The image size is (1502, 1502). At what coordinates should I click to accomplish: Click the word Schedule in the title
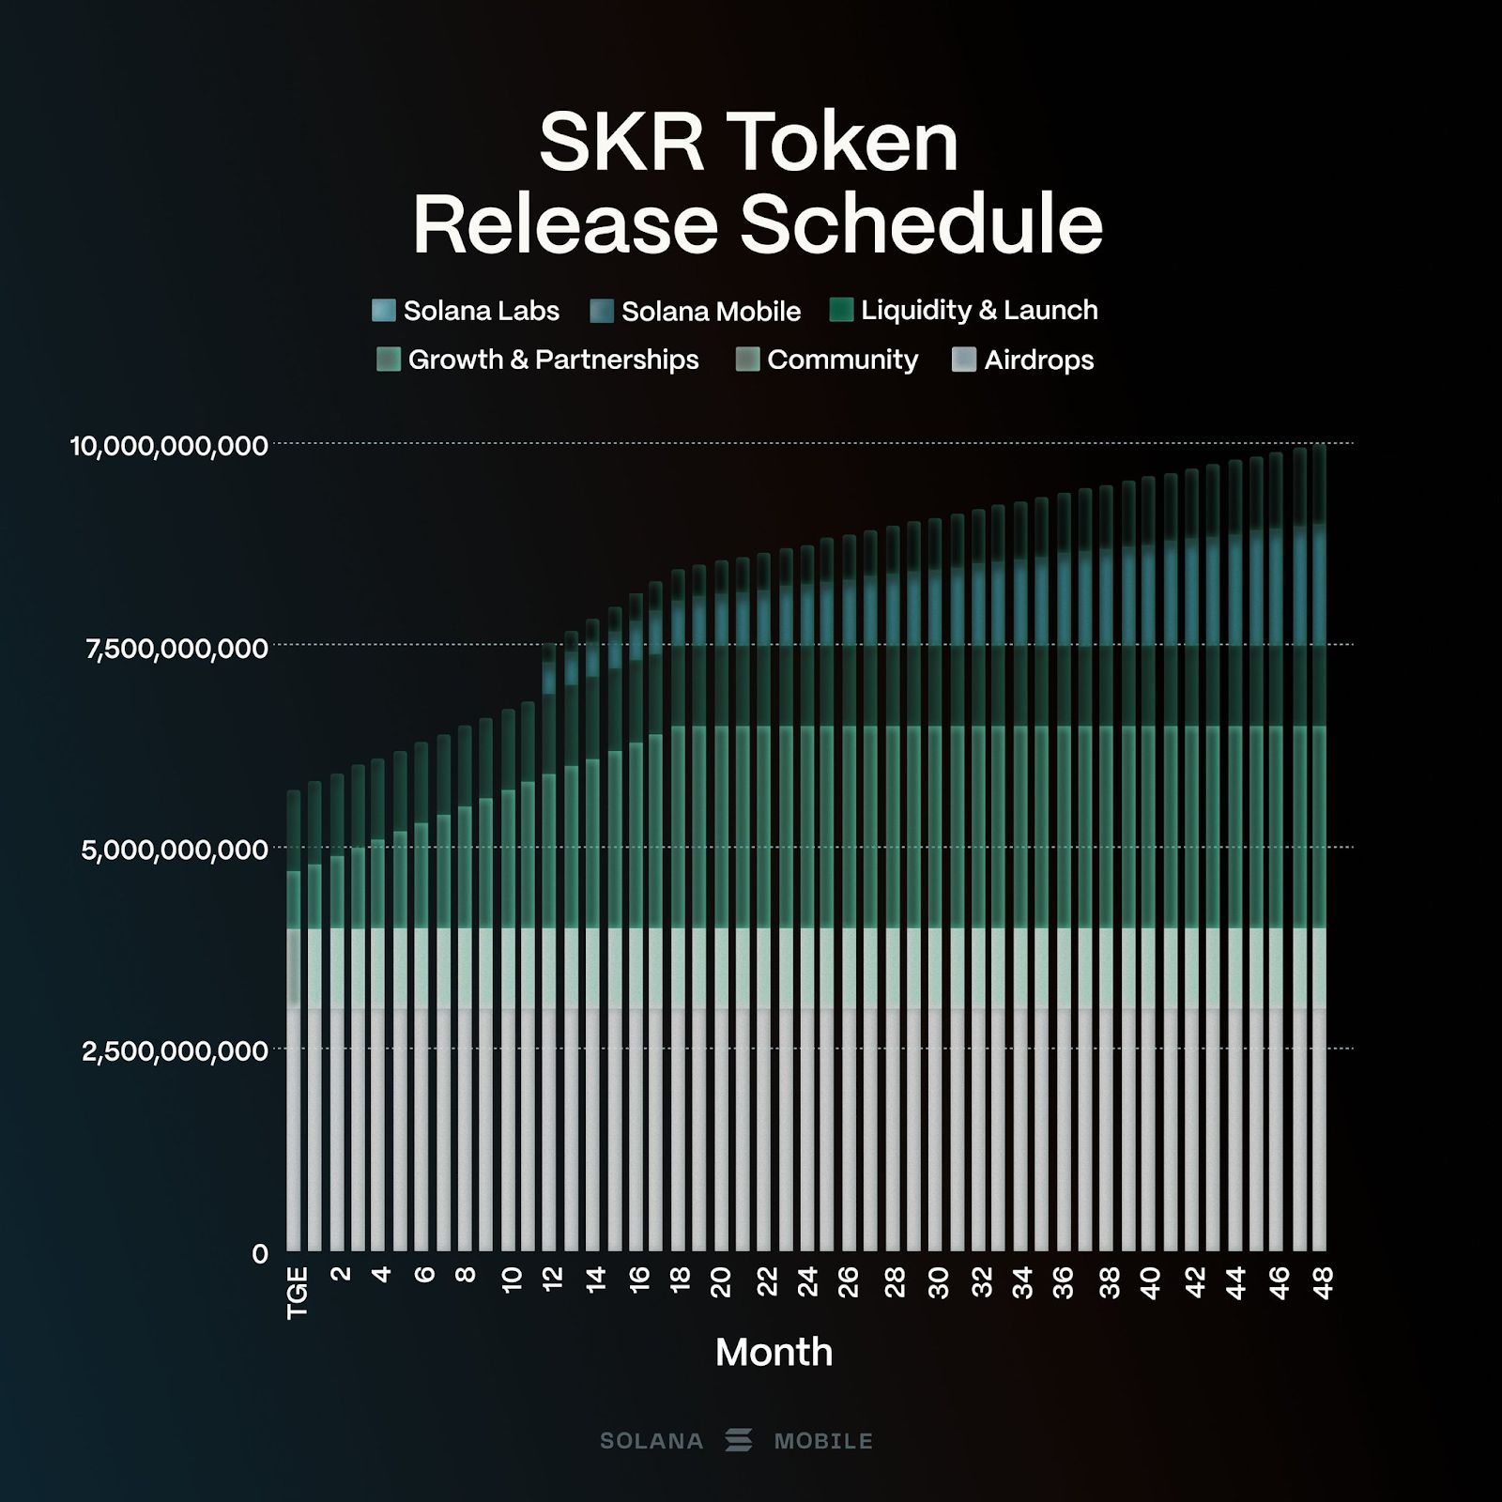pyautogui.click(x=921, y=225)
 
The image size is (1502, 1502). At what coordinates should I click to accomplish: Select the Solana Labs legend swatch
pyautogui.click(x=384, y=311)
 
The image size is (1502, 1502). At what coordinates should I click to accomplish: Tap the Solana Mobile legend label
pyautogui.click(x=711, y=312)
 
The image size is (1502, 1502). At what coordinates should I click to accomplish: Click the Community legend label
pyautogui.click(x=842, y=360)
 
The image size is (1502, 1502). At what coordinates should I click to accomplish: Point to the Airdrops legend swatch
pyautogui.click(x=964, y=360)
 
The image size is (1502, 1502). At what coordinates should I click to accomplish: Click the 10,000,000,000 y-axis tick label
pyautogui.click(x=170, y=446)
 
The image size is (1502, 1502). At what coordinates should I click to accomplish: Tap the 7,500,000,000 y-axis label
pyautogui.click(x=177, y=649)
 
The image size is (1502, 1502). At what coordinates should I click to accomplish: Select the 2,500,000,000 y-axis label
pyautogui.click(x=176, y=1051)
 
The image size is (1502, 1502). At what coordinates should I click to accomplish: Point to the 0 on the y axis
pyautogui.click(x=260, y=1254)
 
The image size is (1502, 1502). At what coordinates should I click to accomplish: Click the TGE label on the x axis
pyautogui.click(x=297, y=1293)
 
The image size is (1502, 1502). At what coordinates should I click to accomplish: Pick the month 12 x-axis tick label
pyautogui.click(x=552, y=1279)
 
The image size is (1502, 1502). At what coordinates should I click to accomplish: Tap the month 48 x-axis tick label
pyautogui.click(x=1323, y=1281)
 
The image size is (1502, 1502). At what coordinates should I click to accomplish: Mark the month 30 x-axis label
pyautogui.click(x=938, y=1281)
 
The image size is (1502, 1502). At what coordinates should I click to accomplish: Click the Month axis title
pyautogui.click(x=774, y=1353)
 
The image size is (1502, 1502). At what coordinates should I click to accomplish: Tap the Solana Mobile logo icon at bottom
pyautogui.click(x=739, y=1440)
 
